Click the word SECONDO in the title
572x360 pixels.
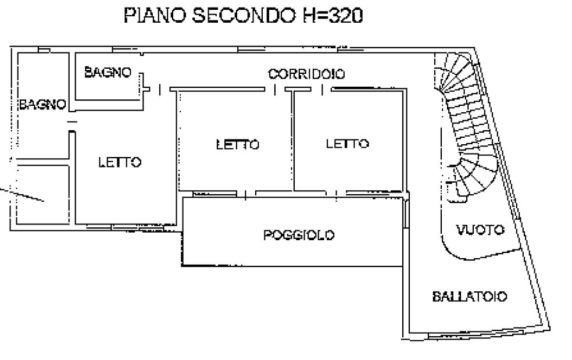coord(244,15)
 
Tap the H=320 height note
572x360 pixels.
coord(333,15)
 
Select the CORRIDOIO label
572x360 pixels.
coord(306,74)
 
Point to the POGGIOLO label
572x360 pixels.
coord(299,235)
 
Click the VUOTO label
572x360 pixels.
coord(480,230)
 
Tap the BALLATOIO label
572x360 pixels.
coord(470,296)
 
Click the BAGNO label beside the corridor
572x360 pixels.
coord(108,72)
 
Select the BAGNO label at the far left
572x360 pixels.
coord(42,105)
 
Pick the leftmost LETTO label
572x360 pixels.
coord(120,162)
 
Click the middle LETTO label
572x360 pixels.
coord(238,145)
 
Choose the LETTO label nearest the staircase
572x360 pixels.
coord(347,144)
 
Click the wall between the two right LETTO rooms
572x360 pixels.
coord(292,141)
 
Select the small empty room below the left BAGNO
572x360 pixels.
coord(43,194)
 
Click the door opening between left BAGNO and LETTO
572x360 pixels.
coord(72,126)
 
